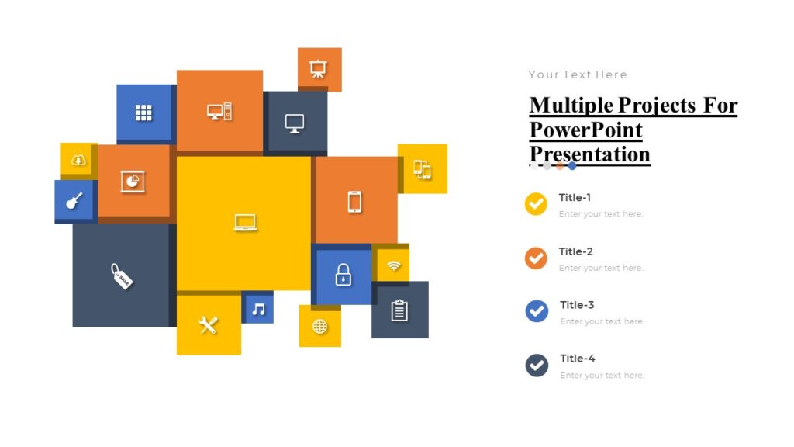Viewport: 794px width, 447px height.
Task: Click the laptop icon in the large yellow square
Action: click(245, 223)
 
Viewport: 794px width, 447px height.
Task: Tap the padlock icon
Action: click(343, 275)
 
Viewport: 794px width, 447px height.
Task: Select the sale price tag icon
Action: click(122, 275)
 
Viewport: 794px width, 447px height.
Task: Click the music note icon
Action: click(258, 309)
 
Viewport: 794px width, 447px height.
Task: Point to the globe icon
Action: click(320, 326)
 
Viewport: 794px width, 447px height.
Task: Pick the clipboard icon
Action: click(399, 310)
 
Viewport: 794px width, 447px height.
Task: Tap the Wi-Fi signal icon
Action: click(394, 266)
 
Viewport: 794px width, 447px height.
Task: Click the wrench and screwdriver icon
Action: click(208, 325)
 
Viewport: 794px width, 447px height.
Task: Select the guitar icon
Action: click(74, 201)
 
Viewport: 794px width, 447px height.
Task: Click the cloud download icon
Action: click(78, 160)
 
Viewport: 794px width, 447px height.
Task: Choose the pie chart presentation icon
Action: click(133, 181)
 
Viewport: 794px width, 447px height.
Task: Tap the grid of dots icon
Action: click(143, 113)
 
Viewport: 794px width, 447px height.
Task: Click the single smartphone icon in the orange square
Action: click(354, 201)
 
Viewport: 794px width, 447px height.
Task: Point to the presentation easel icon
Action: click(318, 68)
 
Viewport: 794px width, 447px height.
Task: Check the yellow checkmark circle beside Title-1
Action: click(536, 204)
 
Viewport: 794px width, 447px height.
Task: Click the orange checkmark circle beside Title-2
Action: click(536, 258)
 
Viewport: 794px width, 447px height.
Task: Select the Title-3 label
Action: click(577, 305)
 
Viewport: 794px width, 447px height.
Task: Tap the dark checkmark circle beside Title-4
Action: click(537, 365)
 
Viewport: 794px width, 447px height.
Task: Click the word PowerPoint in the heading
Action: click(585, 129)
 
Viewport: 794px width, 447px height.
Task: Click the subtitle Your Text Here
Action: click(578, 74)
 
